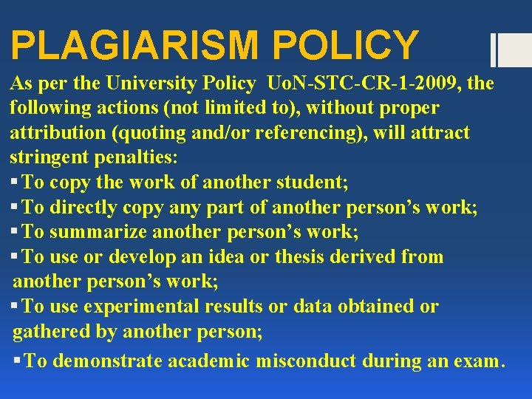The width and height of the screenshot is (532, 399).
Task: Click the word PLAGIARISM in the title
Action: coord(135,45)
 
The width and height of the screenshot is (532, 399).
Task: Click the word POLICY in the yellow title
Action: coord(345,45)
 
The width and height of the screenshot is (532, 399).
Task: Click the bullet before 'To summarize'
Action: coord(15,233)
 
